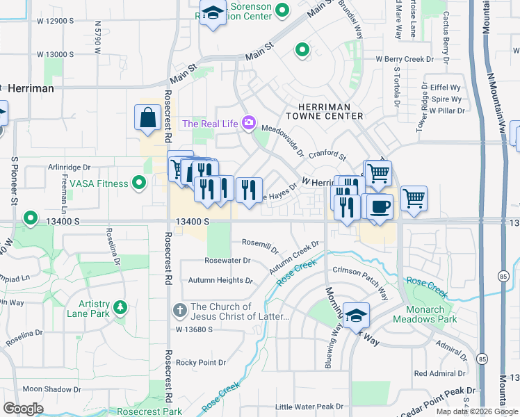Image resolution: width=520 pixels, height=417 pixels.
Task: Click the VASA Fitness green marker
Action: click(139, 183)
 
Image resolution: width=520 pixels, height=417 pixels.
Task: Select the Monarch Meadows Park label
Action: click(425, 314)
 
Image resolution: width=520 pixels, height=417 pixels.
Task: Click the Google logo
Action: click(24, 408)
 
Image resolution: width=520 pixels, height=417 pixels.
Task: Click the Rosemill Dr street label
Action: click(259, 245)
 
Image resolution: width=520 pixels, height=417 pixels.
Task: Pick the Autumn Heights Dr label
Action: click(220, 281)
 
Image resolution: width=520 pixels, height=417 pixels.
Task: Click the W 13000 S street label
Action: click(56, 54)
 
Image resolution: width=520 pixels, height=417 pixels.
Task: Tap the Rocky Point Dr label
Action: click(201, 363)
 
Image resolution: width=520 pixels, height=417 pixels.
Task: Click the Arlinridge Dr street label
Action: click(70, 167)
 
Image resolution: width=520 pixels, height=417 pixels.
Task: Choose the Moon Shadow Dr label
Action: click(52, 389)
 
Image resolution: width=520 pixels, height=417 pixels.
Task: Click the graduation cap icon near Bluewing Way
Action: click(356, 315)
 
